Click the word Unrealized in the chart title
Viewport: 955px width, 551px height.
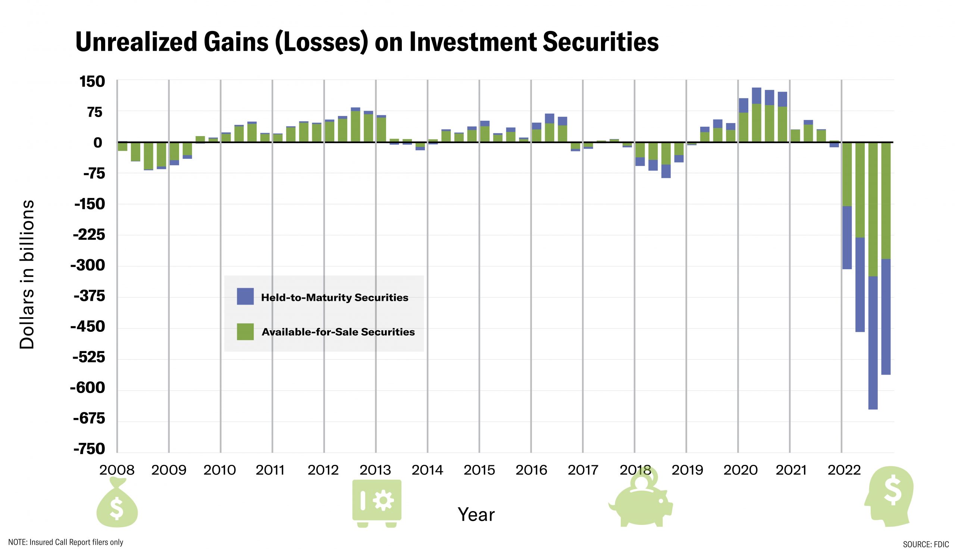coord(137,42)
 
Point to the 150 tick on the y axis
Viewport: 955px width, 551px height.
coord(92,82)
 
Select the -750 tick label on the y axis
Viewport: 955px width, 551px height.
coord(90,449)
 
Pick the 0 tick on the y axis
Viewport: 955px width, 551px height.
coord(98,143)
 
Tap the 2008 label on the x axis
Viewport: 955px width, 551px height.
coord(117,470)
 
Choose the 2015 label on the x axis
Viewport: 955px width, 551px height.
coord(479,470)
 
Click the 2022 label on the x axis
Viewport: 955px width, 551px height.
coord(844,470)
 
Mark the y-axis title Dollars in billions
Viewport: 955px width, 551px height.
coord(27,274)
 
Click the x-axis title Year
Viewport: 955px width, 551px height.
coord(476,515)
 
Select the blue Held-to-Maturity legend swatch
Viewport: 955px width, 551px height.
coord(245,297)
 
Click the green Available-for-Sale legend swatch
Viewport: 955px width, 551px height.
coord(245,332)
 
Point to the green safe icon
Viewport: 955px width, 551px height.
coord(377,503)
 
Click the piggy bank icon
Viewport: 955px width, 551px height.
coord(641,501)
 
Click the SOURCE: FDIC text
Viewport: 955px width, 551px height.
coord(926,544)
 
